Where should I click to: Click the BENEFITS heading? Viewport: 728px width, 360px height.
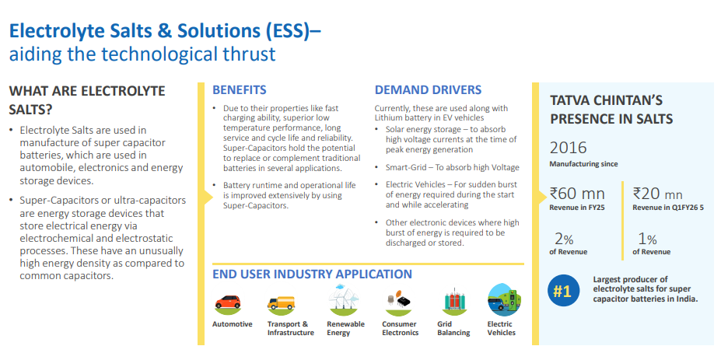point(240,90)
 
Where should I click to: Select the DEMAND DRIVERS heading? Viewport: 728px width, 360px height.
point(428,90)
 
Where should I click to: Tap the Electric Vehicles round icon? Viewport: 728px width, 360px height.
point(504,300)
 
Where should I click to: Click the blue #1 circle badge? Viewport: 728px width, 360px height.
point(563,292)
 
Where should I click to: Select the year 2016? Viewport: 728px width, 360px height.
point(569,148)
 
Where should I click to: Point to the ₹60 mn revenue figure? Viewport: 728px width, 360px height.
point(577,193)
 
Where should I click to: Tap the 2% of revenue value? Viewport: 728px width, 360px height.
point(565,239)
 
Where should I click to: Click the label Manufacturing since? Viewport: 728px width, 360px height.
point(583,164)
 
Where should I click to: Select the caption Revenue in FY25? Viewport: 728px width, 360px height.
point(578,208)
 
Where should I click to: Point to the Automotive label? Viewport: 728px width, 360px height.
point(232,324)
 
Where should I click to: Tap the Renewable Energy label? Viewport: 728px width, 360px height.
point(346,328)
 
